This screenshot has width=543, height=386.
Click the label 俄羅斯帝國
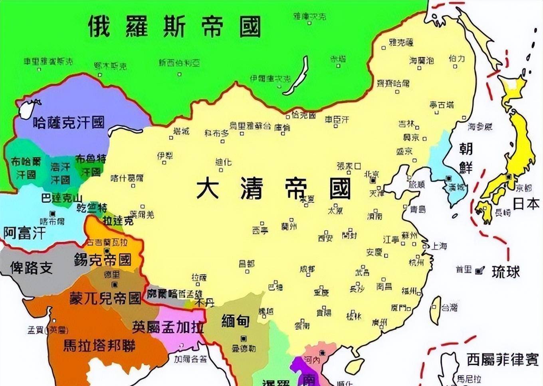click(x=174, y=27)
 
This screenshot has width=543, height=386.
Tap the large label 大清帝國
click(x=274, y=188)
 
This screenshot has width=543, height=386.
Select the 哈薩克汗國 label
click(x=69, y=122)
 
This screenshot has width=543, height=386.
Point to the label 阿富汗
click(x=25, y=233)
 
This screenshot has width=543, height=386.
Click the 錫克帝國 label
click(x=103, y=260)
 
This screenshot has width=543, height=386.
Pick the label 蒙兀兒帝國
click(x=105, y=298)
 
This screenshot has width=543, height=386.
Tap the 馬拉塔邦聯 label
click(x=99, y=345)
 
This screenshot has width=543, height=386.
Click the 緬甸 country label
click(x=236, y=321)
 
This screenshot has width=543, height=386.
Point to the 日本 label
click(x=526, y=204)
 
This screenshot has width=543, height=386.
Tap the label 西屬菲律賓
click(x=503, y=360)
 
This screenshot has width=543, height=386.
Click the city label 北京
click(x=372, y=174)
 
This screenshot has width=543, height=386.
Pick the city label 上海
click(x=438, y=246)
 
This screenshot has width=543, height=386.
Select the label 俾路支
click(x=32, y=268)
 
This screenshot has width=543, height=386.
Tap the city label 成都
click(x=307, y=269)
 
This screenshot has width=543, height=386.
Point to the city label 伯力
click(x=457, y=58)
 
